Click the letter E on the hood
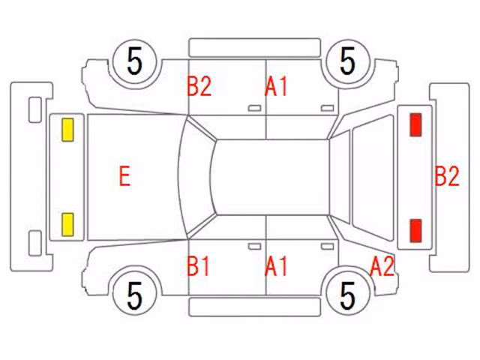[x=124, y=176]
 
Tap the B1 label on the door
[x=198, y=266]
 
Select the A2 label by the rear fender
[x=382, y=266]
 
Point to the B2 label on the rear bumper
[x=447, y=176]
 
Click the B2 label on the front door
[x=199, y=86]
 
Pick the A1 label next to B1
[x=276, y=266]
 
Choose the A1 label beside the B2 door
[x=276, y=86]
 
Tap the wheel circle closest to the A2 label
[x=348, y=295]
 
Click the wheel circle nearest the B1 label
[x=135, y=295]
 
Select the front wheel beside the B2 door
[x=135, y=61]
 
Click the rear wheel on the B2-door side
[x=348, y=61]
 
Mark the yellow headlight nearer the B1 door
[x=67, y=225]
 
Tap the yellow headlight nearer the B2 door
[x=67, y=130]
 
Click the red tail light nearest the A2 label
[x=415, y=230]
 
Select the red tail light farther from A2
[x=415, y=124]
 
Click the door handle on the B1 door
[x=254, y=247]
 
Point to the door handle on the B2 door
[x=254, y=108]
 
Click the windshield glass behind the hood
[x=196, y=177]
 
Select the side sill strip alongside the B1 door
[x=255, y=307]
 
